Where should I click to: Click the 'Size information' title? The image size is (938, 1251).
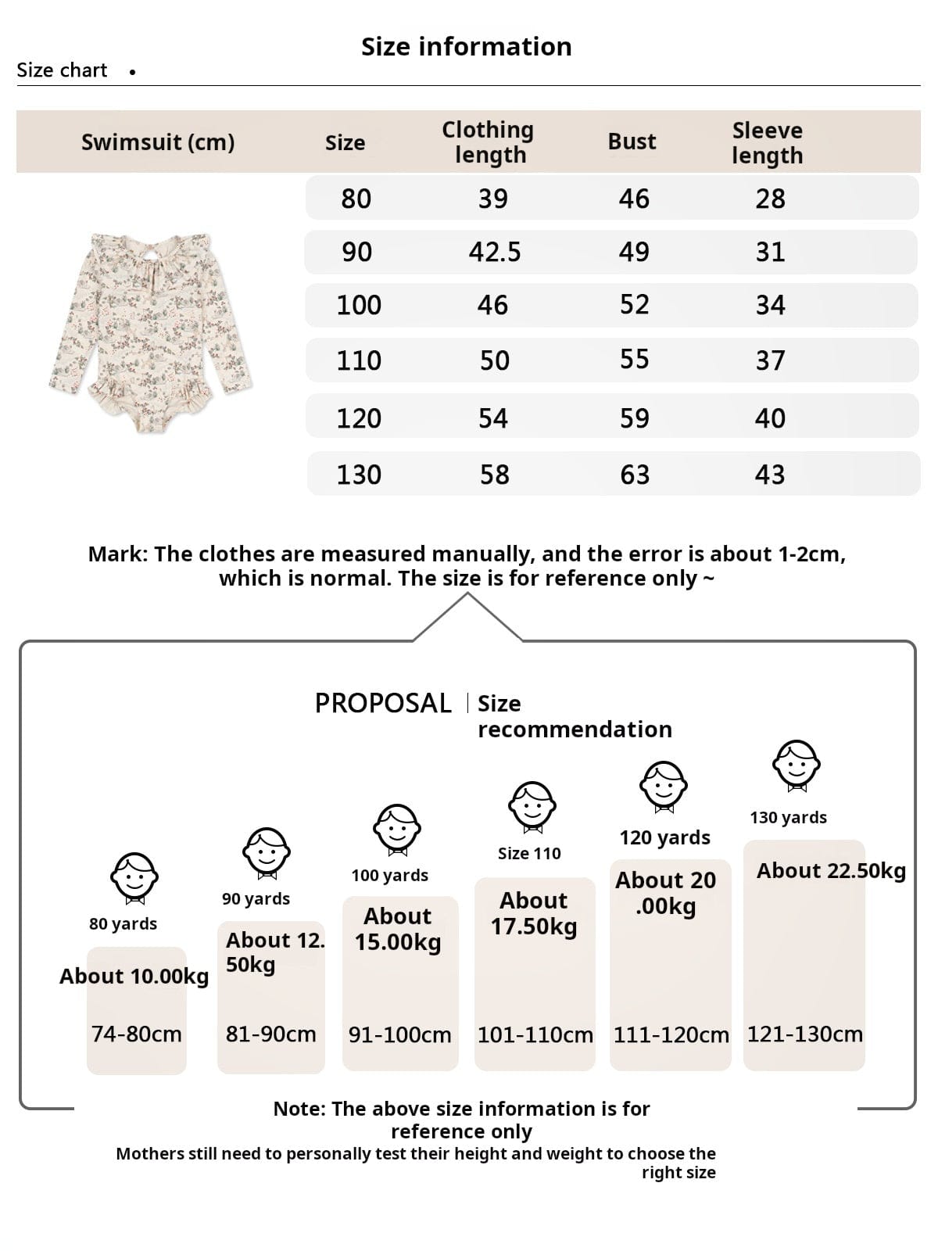467,47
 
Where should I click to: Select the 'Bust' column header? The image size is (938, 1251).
632,142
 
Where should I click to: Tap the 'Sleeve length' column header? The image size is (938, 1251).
767,142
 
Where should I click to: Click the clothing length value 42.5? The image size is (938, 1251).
494,252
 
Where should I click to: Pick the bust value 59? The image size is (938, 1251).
634,418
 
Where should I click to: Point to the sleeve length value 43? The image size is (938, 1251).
769,474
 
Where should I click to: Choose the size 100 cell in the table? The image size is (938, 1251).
359,305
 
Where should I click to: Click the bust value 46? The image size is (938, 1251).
634,199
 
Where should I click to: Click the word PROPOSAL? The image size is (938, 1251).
383,703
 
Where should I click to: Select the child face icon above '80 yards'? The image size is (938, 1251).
134,878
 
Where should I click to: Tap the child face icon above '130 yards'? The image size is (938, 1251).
797,765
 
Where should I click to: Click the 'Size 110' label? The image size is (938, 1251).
529,853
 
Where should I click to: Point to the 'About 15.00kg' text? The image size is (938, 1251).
398,929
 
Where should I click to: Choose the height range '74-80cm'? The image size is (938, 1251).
136,1034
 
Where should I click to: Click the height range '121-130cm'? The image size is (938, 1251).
804,1034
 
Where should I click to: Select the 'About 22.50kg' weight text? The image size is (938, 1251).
831,870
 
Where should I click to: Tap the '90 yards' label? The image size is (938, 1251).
256,898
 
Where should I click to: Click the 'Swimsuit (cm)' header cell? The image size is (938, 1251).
158,142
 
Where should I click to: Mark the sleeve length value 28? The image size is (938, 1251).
770,199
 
